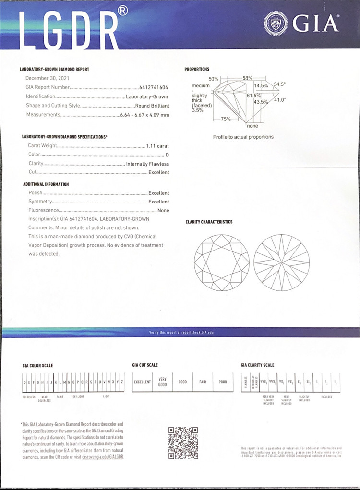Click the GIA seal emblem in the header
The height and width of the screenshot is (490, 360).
point(276,23)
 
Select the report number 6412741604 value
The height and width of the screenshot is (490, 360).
point(154,88)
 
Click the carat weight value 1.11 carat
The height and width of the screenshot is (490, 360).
point(157,145)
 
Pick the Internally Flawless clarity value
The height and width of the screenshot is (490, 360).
point(147,164)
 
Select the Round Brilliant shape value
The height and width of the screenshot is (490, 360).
point(152,106)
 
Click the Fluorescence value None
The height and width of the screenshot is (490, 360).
point(163,210)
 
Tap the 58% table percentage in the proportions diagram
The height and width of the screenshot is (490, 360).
point(247,78)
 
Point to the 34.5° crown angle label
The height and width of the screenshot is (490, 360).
point(279,84)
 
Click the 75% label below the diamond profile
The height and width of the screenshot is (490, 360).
point(226,119)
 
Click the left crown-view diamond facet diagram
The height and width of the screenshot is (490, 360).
point(221,263)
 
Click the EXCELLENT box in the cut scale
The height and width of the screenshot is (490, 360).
point(142,382)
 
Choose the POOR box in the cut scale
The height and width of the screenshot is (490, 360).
point(223,382)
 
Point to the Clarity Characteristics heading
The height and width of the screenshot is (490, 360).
point(209,222)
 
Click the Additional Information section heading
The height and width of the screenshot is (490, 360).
point(46,184)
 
